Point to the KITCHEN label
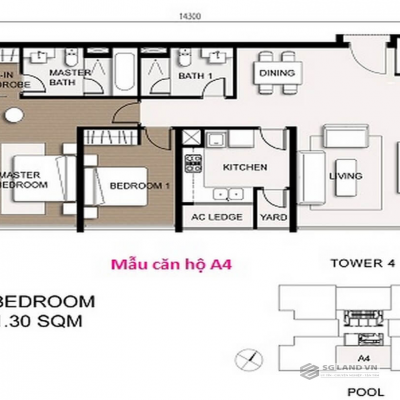click(243, 167)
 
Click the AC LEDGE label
click(213, 216)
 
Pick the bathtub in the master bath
click(116, 74)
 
